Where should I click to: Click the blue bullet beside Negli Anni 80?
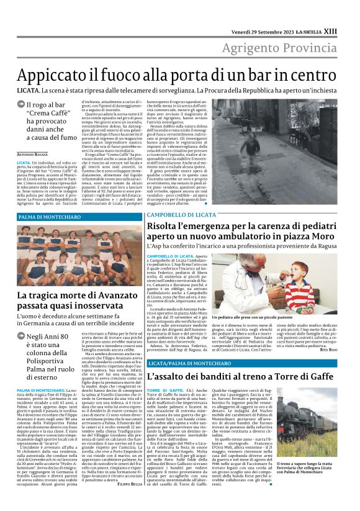(38, 337)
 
